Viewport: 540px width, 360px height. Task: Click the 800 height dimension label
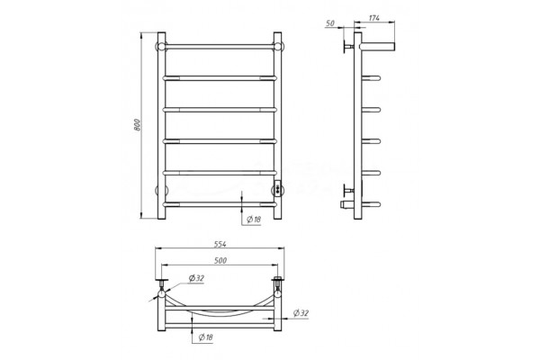[x=137, y=125]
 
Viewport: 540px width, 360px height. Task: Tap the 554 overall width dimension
[x=220, y=244]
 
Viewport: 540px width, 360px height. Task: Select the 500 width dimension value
[x=220, y=260]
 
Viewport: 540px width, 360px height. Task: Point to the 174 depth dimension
[x=374, y=18]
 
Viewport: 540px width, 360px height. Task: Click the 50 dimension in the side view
[x=330, y=23]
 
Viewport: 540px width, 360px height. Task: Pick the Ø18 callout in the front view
[x=254, y=219]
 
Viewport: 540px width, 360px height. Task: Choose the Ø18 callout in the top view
[x=205, y=337]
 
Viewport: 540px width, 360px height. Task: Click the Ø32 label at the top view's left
[x=196, y=278]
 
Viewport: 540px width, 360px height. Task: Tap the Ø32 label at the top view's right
[x=301, y=313]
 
